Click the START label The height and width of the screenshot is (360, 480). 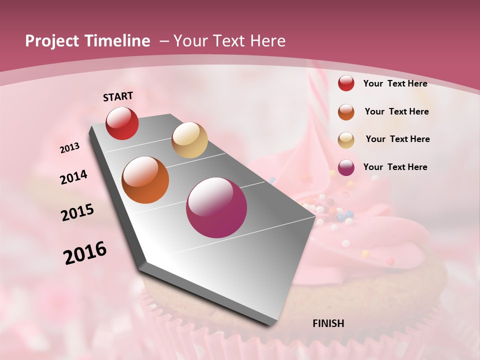click(x=118, y=96)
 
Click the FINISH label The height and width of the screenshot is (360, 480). click(x=328, y=323)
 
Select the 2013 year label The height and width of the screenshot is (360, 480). click(x=70, y=148)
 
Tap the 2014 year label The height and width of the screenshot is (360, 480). click(x=74, y=177)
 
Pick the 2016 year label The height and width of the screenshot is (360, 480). click(x=85, y=253)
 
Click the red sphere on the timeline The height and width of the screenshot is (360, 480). click(x=122, y=123)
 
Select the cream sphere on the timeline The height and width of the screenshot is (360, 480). click(x=189, y=140)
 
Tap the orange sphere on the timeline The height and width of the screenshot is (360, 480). click(x=145, y=180)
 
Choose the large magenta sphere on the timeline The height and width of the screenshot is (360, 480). click(x=216, y=207)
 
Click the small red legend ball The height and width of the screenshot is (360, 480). click(x=346, y=83)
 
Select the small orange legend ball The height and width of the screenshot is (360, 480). click(x=346, y=112)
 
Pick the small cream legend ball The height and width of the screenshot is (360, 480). click(x=346, y=140)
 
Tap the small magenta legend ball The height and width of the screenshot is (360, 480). click(x=346, y=167)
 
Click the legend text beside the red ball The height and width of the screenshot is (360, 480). click(x=395, y=84)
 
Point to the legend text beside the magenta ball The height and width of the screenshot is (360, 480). click(x=395, y=167)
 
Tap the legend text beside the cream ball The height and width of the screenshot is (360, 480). click(x=397, y=139)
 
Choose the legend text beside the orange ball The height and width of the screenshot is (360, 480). click(x=396, y=111)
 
